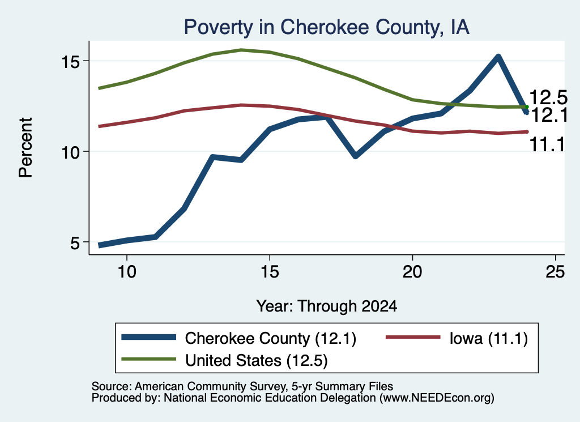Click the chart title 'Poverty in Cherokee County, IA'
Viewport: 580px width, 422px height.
327,27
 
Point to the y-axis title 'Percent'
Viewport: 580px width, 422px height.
25,148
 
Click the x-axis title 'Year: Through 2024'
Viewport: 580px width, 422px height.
327,306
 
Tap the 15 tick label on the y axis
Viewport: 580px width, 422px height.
70,61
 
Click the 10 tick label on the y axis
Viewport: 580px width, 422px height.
70,152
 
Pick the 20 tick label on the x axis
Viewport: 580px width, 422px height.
412,272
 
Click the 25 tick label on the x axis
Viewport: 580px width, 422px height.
555,272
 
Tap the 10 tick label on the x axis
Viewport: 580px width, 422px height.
127,272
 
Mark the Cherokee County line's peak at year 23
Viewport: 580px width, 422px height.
498,57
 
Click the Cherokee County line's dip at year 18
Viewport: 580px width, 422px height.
356,156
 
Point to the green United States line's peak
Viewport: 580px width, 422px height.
241,50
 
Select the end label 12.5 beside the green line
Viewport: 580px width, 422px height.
548,97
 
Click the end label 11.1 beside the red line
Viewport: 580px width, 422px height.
548,144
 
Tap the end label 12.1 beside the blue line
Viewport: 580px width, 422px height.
549,116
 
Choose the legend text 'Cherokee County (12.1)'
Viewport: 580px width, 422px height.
270,338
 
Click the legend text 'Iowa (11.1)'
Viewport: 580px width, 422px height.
489,338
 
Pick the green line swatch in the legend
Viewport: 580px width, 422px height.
149,359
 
